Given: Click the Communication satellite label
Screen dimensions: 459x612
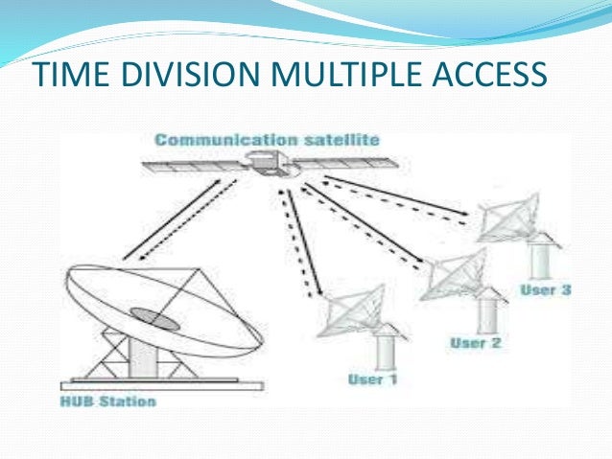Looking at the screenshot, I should (267, 140).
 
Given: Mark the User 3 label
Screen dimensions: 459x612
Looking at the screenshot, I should (545, 288).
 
